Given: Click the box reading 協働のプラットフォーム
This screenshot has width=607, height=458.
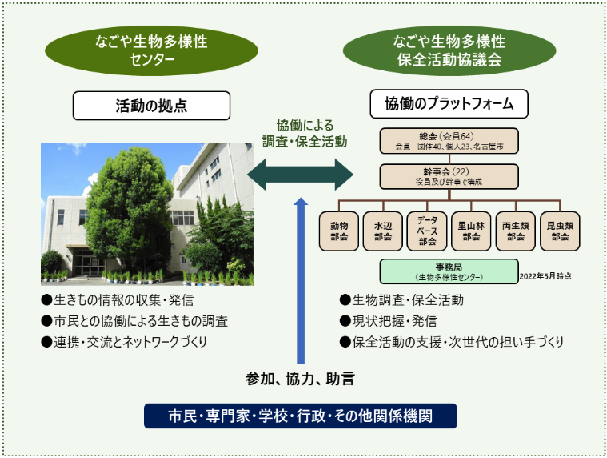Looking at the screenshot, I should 449,104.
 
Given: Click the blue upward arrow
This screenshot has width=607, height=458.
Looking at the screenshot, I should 301,280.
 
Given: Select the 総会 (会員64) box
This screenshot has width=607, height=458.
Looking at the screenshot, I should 449,140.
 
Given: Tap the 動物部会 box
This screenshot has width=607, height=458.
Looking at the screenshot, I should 338,231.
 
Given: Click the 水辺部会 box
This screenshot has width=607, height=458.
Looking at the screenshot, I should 382,231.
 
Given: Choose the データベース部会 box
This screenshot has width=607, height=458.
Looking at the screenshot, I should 427,231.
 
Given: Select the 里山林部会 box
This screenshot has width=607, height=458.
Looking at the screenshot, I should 471,231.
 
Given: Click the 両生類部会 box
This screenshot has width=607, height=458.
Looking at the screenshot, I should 515,231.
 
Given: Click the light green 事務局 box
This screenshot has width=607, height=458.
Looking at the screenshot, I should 448,271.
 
